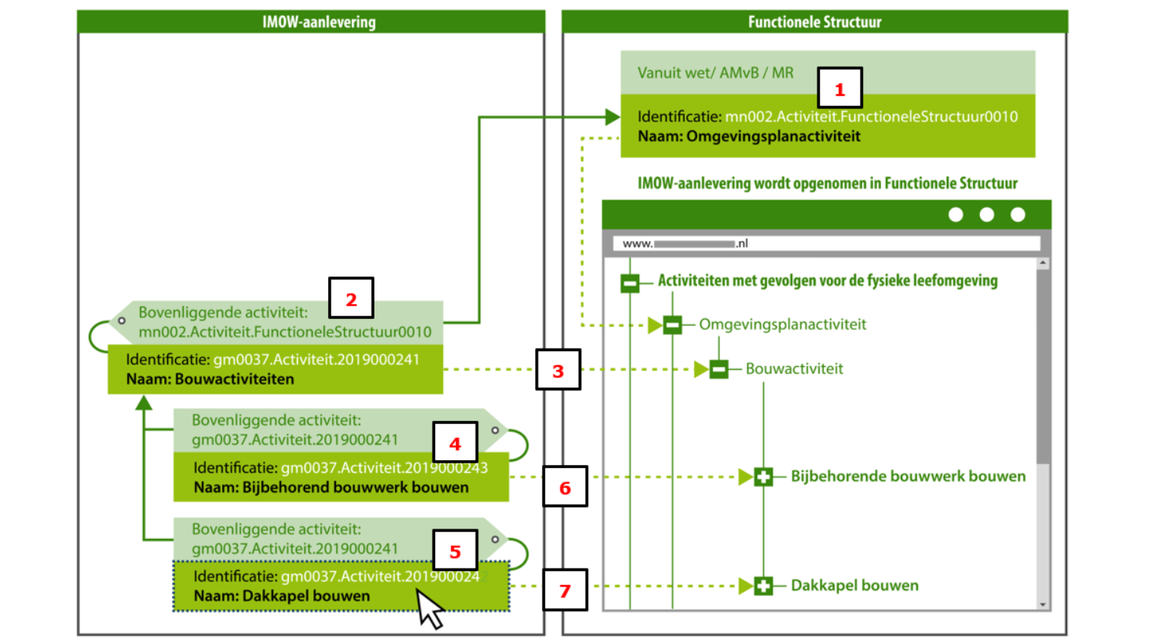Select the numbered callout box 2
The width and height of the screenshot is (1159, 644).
coord(350,298)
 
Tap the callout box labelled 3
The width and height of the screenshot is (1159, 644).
coord(558,370)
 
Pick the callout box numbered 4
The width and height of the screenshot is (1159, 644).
coord(455,444)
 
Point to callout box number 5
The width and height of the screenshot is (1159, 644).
coord(455,551)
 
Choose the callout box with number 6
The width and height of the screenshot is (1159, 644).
coord(565,487)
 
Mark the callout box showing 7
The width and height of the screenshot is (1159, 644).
coord(565,590)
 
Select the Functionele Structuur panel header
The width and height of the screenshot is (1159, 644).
coord(814,22)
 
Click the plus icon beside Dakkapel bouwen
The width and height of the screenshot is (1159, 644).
coord(763,585)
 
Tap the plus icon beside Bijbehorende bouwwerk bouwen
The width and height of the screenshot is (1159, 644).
coord(763,476)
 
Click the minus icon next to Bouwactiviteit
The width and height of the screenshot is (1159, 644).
coord(718,368)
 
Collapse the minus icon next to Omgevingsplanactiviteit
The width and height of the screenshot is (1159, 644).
coord(672,324)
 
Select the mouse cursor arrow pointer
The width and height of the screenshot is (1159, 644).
coord(428,609)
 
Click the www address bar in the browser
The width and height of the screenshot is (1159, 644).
coord(826,243)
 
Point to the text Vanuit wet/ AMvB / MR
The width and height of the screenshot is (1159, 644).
coord(715,73)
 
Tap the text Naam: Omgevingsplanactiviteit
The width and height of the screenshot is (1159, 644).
coord(748,137)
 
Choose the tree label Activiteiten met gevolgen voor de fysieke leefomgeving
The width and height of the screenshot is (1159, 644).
coord(828,280)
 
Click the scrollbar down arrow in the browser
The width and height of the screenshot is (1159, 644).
coord(1043,604)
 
